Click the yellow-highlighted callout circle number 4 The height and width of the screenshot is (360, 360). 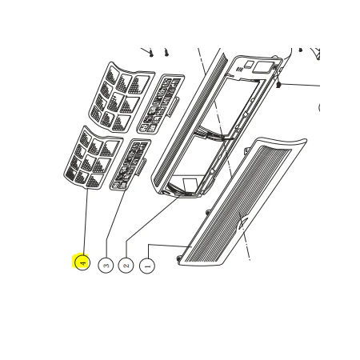pyautogui.click(x=82, y=262)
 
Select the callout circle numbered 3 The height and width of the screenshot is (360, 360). pyautogui.click(x=106, y=266)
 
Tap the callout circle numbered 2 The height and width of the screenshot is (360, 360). pyautogui.click(x=126, y=266)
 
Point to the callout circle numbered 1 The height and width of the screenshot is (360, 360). pyautogui.click(x=147, y=266)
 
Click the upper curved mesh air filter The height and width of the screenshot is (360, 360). pyautogui.click(x=122, y=97)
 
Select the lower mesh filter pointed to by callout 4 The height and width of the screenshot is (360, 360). pyautogui.click(x=94, y=158)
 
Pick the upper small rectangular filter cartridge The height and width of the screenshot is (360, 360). pyautogui.click(x=161, y=104)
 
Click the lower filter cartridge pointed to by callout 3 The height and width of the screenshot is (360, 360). pyautogui.click(x=130, y=165)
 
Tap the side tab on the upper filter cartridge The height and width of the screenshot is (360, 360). pyautogui.click(x=174, y=107)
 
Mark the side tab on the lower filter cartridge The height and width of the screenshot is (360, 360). pyautogui.click(x=142, y=167)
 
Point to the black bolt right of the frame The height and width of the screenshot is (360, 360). pyautogui.click(x=278, y=85)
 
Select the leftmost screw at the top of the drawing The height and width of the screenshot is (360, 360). pyautogui.click(x=151, y=53)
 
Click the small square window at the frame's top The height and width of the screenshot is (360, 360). pyautogui.click(x=250, y=65)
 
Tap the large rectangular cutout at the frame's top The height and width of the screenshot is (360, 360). pyautogui.click(x=262, y=68)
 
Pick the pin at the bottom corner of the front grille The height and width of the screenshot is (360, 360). pyautogui.click(x=179, y=258)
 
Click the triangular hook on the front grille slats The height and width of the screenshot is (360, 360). pyautogui.click(x=242, y=222)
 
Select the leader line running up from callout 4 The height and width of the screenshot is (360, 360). pyautogui.click(x=86, y=222)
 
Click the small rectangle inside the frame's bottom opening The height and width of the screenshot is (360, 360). pyautogui.click(x=190, y=185)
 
